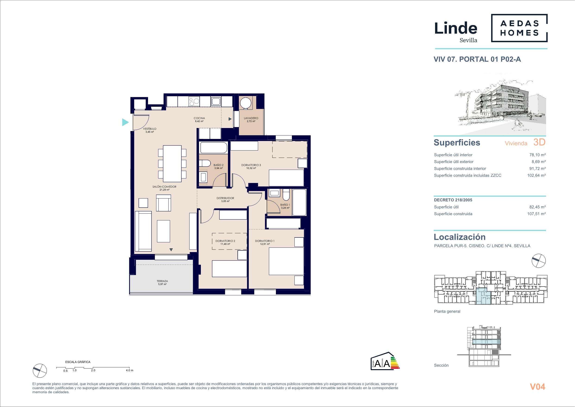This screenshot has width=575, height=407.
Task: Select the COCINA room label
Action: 199,118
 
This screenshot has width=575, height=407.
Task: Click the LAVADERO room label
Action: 251,118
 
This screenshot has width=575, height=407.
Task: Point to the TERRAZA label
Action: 162,281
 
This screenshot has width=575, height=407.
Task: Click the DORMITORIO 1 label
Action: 265,241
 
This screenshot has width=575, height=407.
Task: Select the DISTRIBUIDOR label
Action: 225,198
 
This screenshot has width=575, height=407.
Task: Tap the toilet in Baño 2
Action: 204,163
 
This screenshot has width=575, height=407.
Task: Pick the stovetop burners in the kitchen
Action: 194,102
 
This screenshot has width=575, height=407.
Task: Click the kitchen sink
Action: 216,102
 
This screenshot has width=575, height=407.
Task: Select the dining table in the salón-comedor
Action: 172,163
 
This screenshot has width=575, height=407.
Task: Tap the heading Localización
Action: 460,237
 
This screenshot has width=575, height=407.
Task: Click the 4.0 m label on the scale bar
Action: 130,370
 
